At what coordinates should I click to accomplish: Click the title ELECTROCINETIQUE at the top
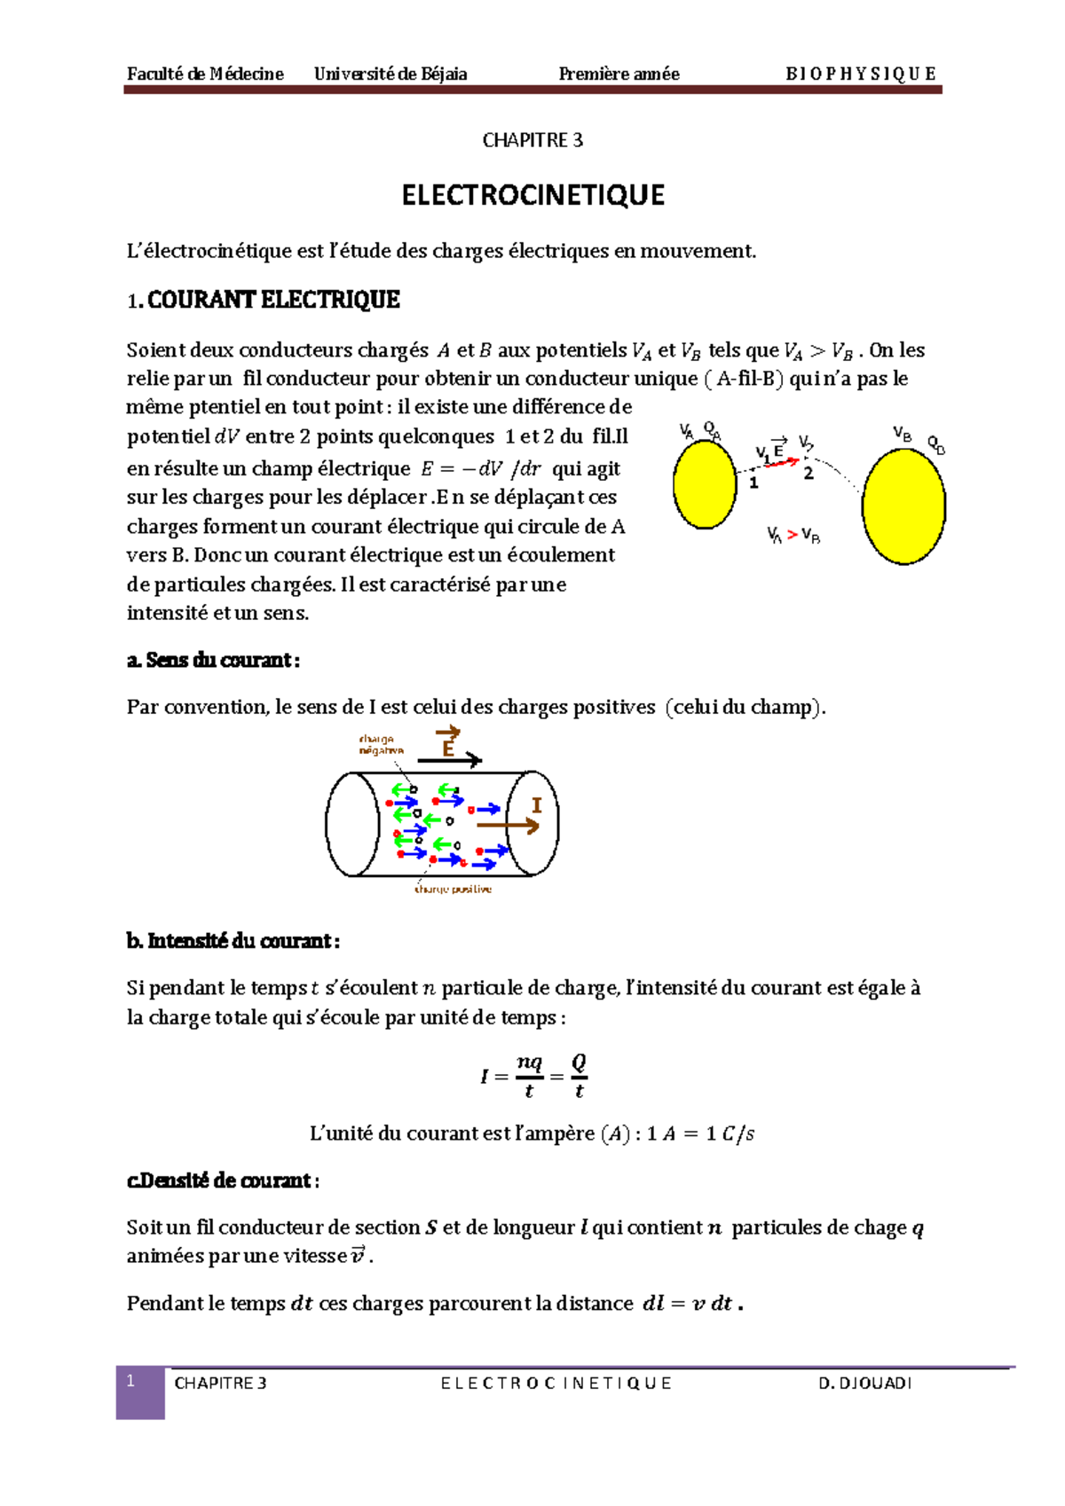tap(532, 195)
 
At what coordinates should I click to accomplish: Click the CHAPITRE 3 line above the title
tap(532, 140)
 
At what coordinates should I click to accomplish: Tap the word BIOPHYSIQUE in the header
tap(860, 75)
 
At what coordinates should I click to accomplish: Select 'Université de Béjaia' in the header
tap(390, 75)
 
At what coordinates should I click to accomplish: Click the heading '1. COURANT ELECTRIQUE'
tap(264, 300)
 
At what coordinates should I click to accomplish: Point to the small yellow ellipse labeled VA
tap(705, 485)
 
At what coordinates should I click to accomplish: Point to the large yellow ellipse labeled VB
tap(903, 506)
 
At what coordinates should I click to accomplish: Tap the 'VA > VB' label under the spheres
tap(793, 535)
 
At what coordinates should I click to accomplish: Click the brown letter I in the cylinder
tap(536, 805)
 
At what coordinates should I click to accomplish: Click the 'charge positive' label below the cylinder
tap(453, 889)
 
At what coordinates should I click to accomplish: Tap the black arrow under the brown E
tap(449, 760)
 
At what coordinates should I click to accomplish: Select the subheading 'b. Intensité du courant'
tap(233, 941)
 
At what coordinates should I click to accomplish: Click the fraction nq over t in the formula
tap(529, 1076)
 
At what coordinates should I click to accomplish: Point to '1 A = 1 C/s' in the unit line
tap(701, 1133)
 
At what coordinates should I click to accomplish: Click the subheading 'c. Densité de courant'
tap(222, 1180)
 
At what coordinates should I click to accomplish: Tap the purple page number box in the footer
tap(140, 1392)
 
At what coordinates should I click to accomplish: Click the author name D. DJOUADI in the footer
tap(864, 1384)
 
